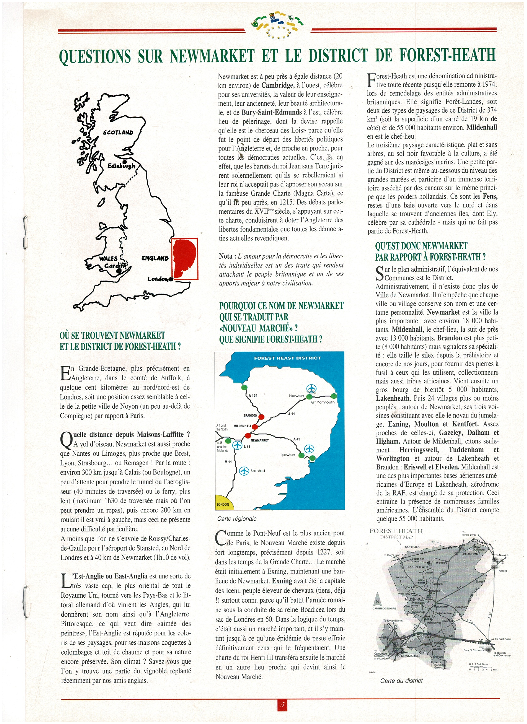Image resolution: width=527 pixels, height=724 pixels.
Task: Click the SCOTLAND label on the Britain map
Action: click(x=118, y=132)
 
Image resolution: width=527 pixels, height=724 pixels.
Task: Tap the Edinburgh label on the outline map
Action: click(x=121, y=166)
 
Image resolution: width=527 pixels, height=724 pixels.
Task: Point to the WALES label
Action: click(x=108, y=259)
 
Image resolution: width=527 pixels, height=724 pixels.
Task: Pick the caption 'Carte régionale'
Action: click(x=237, y=519)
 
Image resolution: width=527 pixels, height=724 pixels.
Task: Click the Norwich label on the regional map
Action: click(x=296, y=396)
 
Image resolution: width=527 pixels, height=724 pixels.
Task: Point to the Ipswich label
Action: click(x=288, y=455)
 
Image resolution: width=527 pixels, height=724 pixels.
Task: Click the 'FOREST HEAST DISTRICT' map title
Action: click(x=287, y=358)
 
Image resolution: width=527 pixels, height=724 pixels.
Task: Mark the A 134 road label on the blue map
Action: click(x=253, y=395)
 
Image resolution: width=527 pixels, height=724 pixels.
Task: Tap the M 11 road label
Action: click(x=228, y=462)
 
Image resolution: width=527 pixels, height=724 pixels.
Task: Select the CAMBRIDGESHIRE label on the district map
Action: click(x=384, y=608)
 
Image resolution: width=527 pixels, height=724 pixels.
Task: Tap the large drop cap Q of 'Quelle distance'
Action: click(x=66, y=438)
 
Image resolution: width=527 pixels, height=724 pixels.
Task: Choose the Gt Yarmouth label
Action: click(x=323, y=402)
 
